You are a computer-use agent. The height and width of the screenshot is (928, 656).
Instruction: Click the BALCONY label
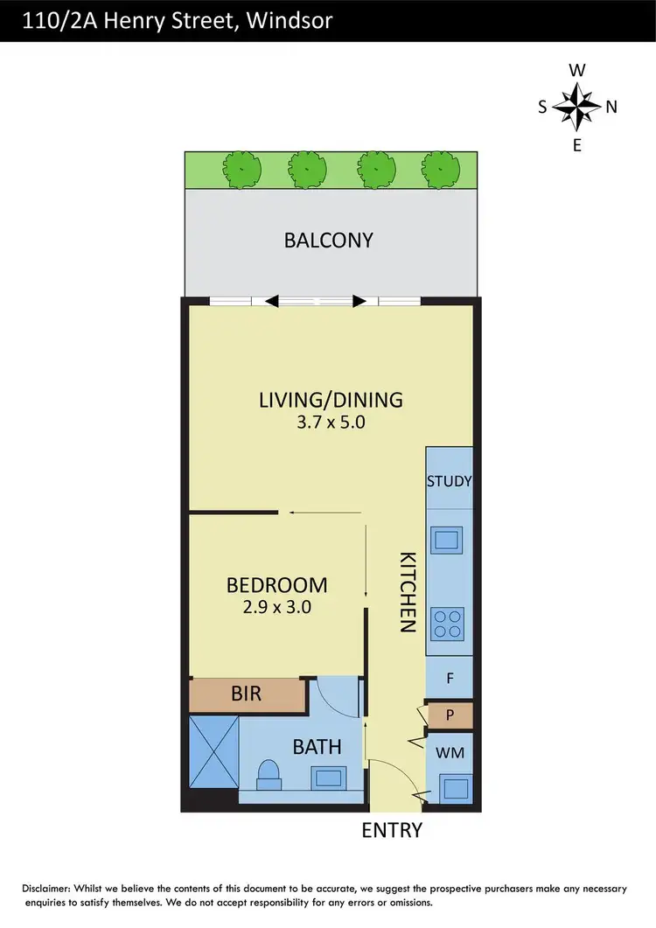coord(329,240)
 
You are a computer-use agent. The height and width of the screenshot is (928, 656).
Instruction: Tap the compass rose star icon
coord(576,107)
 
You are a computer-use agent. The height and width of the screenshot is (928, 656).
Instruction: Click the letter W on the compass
coord(576,70)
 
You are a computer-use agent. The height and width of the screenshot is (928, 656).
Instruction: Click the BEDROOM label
coord(276,584)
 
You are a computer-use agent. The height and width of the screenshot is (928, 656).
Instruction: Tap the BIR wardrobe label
coord(248,695)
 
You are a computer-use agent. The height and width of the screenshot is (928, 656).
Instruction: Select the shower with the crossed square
coord(213,750)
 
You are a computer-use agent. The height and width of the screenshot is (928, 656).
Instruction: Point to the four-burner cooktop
coord(448,623)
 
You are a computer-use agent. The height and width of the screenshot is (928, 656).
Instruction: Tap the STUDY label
coord(450,481)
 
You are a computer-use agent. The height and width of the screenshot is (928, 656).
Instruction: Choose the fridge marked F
coord(450,678)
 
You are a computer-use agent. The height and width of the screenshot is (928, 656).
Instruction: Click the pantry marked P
coord(450,715)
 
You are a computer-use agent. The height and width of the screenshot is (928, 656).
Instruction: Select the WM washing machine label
coord(450,751)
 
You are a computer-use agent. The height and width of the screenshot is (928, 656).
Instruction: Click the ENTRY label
coord(392,830)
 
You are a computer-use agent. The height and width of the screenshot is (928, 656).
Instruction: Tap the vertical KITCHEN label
coord(408,592)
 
